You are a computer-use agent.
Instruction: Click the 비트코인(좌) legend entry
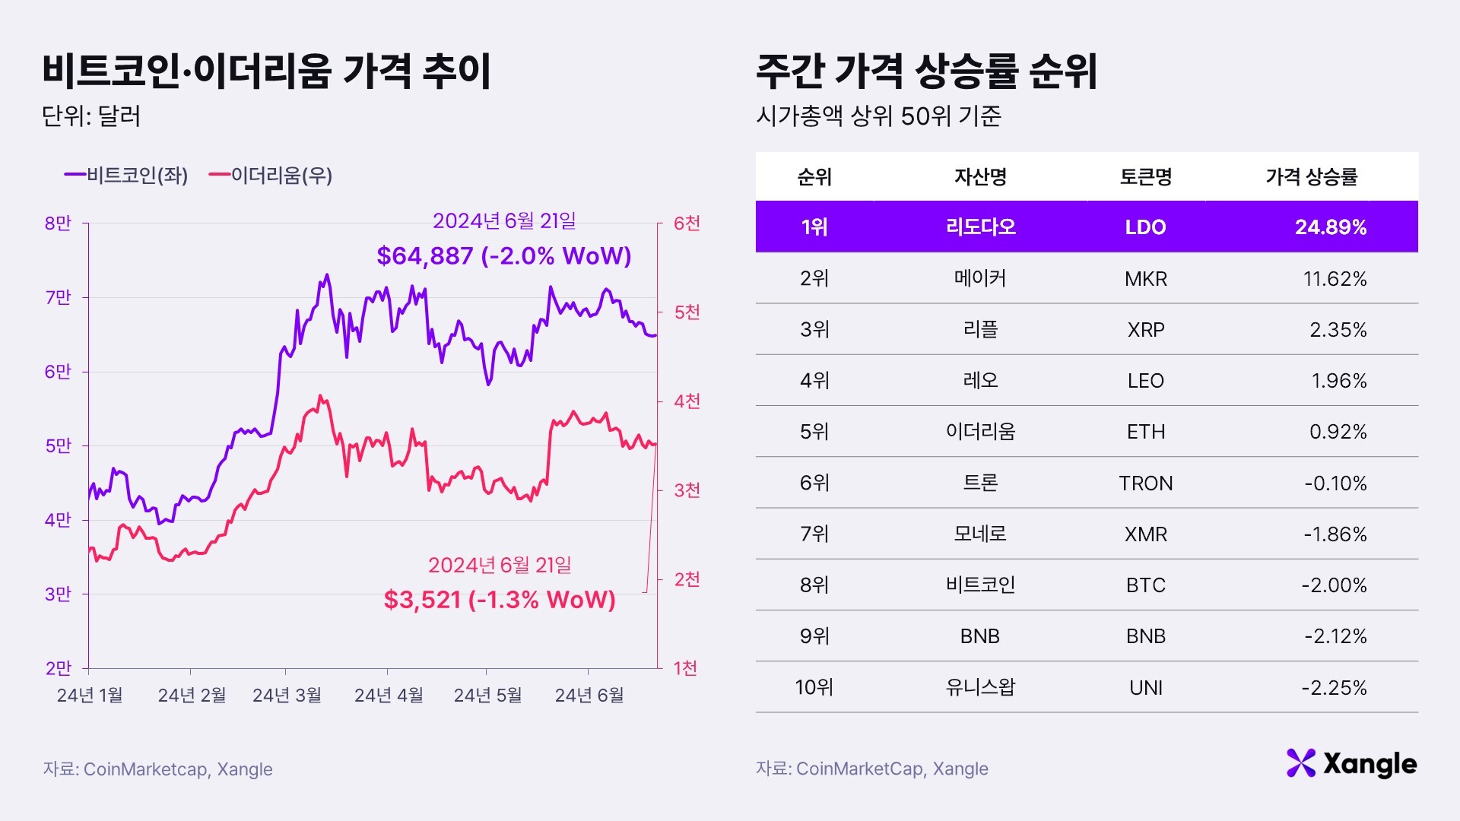(127, 176)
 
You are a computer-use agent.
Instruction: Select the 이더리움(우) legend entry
(271, 176)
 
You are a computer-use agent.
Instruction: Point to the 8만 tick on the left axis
(58, 223)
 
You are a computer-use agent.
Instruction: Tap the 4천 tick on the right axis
(687, 401)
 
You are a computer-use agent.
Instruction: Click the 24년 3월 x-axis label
(287, 695)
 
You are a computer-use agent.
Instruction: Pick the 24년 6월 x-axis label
(589, 695)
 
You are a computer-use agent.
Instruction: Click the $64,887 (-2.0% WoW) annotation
(504, 256)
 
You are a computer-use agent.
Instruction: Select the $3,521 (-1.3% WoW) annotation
(500, 600)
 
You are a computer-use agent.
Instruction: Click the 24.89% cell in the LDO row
(1331, 227)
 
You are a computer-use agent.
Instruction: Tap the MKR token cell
(1145, 279)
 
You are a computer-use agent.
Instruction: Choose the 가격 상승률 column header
(1311, 177)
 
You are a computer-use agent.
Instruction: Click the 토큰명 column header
(1145, 177)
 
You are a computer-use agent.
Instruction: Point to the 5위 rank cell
(814, 432)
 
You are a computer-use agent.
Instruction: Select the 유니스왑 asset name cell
(979, 688)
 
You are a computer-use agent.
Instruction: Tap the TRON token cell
(1145, 483)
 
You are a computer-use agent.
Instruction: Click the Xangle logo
(1351, 763)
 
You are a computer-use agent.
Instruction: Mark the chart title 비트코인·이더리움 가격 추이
(267, 71)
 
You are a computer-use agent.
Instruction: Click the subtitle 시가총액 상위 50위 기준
(878, 116)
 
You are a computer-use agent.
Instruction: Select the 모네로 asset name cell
(979, 534)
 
